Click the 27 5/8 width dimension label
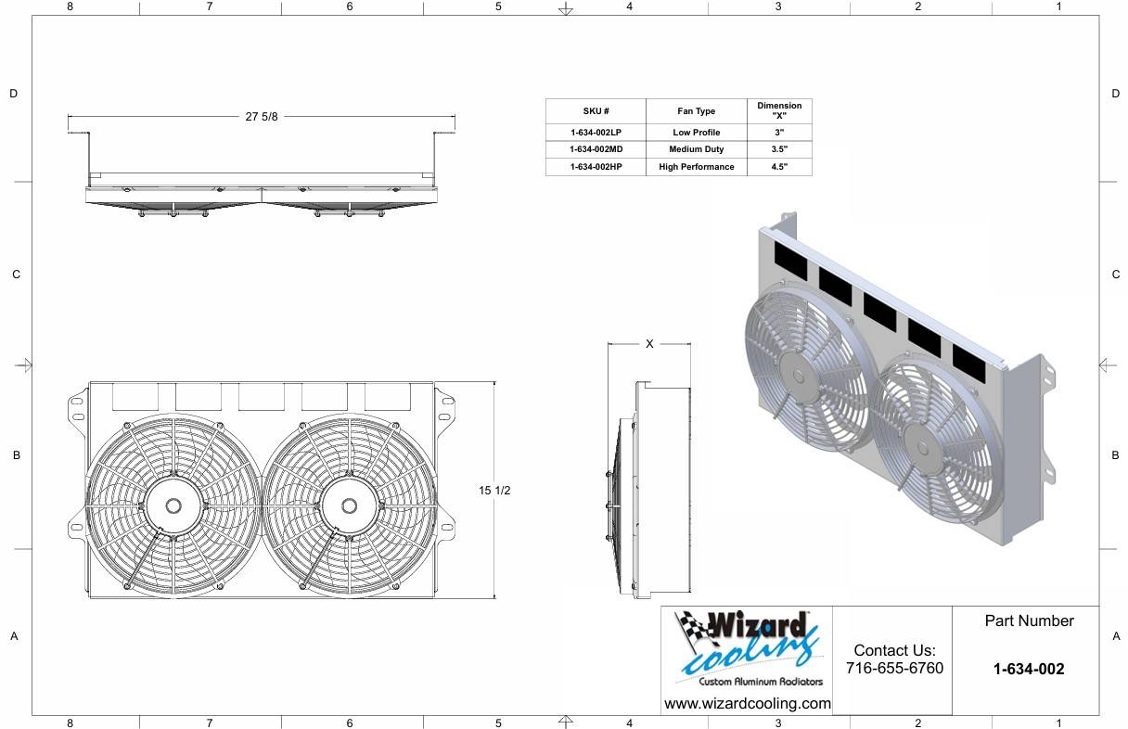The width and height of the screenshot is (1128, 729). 262,117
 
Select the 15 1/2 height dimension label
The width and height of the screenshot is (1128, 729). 494,491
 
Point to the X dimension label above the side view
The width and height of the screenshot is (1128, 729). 649,344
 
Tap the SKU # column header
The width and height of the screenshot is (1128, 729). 596,110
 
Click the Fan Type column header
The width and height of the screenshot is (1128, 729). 696,110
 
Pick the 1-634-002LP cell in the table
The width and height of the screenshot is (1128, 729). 596,133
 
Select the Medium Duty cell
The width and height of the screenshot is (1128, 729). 696,149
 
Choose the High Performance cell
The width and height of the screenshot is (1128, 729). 697,167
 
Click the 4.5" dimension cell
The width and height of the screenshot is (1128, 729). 779,167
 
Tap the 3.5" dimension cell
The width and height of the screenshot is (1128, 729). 779,149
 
